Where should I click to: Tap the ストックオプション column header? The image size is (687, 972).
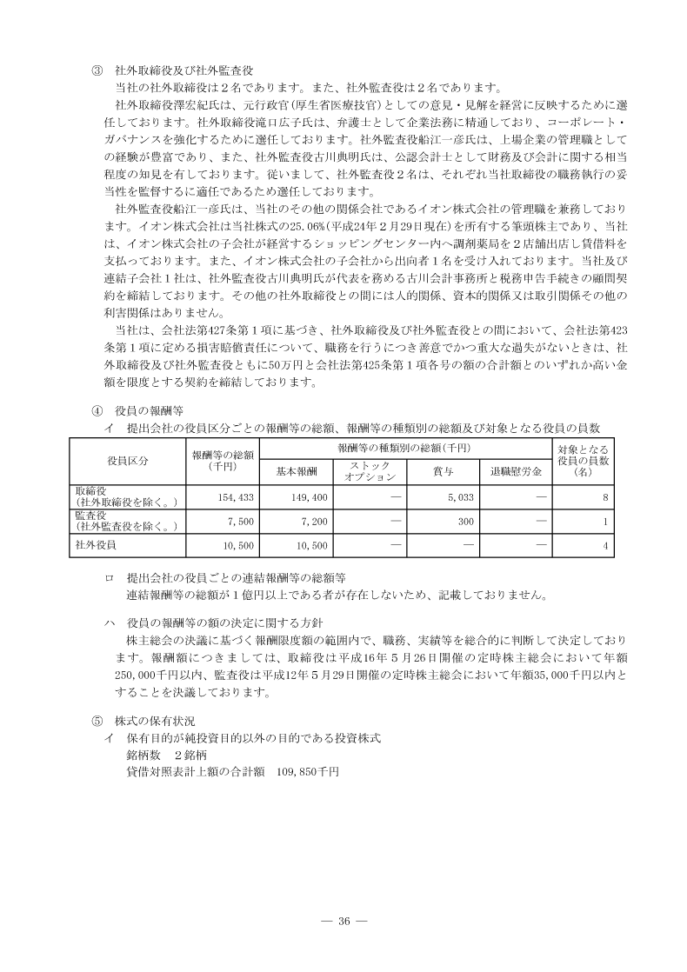(370, 471)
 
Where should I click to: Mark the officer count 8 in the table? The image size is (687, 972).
(604, 497)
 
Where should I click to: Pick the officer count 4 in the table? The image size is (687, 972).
(604, 545)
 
